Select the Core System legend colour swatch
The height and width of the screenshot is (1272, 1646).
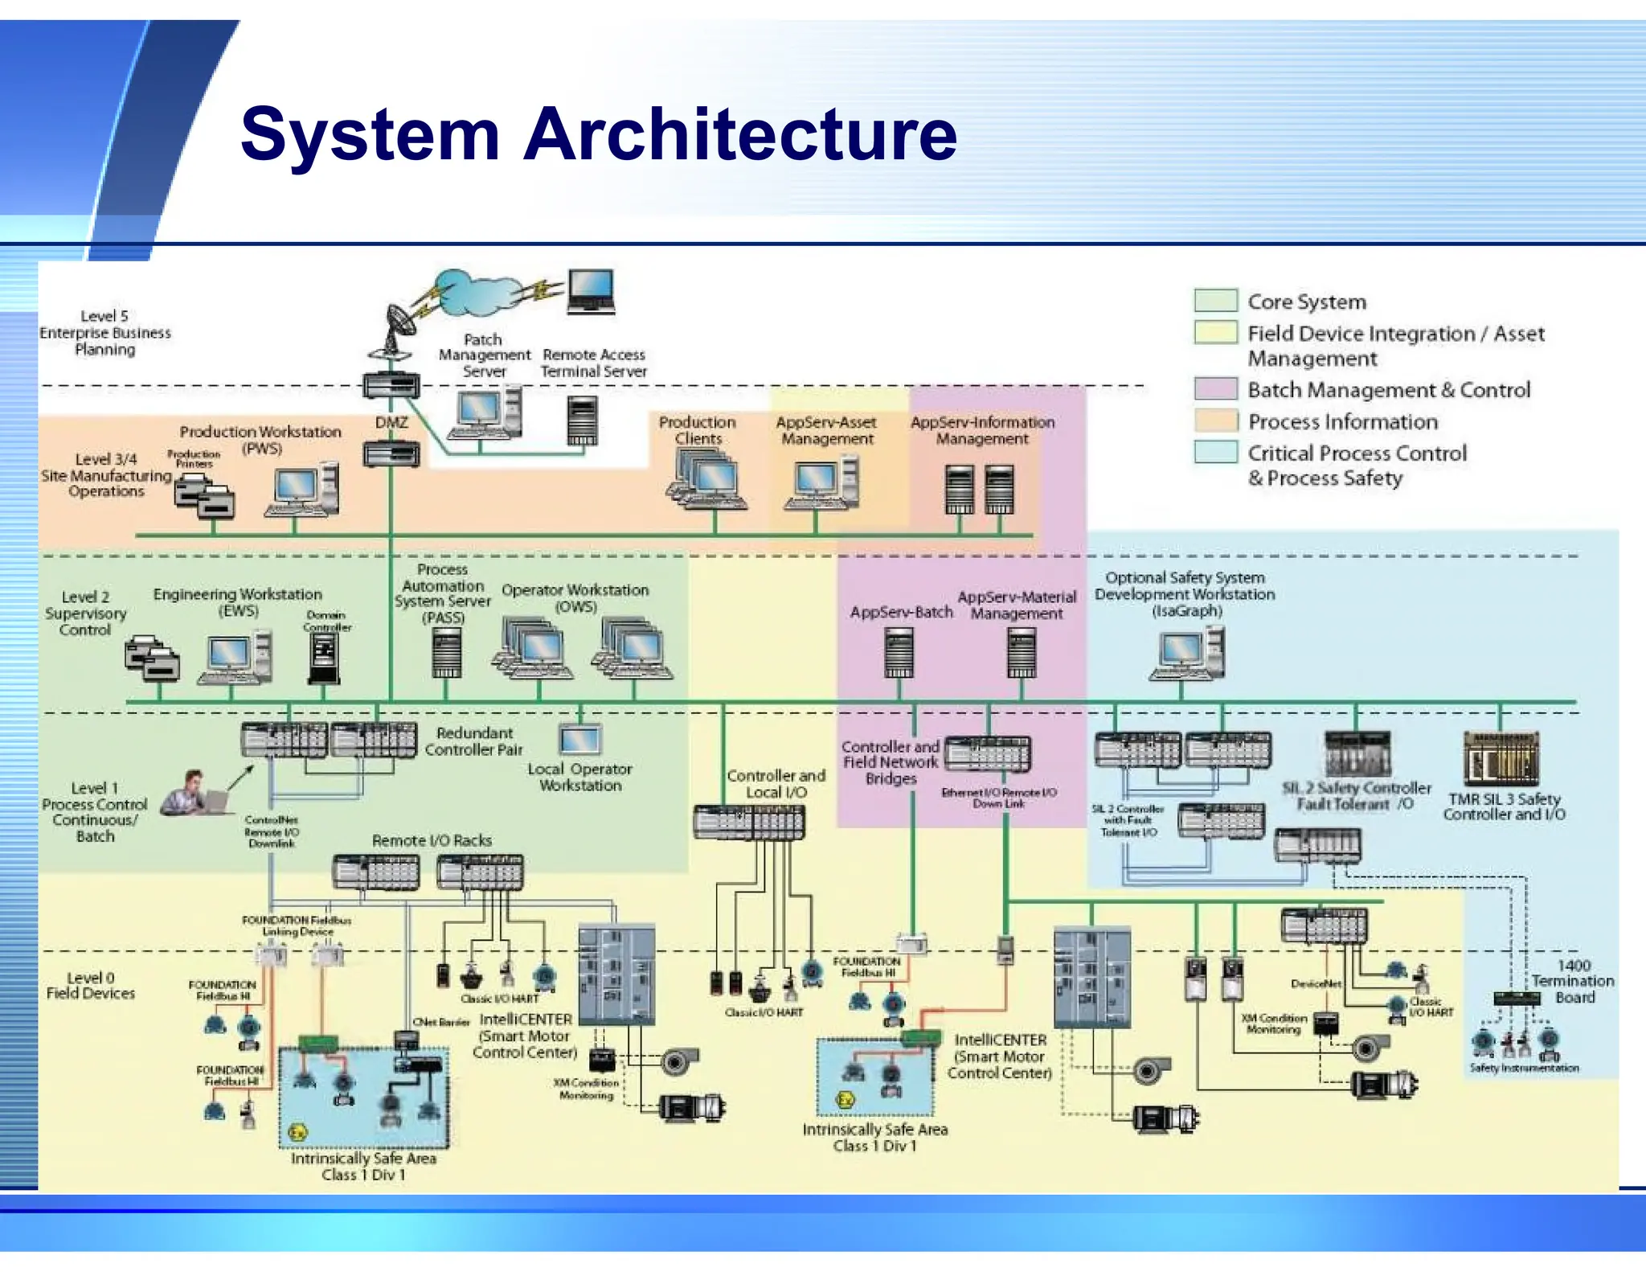coord(1214,301)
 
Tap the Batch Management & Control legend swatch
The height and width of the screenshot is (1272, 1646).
coord(1214,389)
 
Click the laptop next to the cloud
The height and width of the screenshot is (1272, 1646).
coord(591,291)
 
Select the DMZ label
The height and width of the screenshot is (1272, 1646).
coord(391,422)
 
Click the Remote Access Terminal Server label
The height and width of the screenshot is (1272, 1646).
coord(593,363)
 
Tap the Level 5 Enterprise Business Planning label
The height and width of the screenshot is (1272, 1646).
coord(105,332)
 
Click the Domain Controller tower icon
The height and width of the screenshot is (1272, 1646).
coord(324,659)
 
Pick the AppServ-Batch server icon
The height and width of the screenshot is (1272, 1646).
coord(899,654)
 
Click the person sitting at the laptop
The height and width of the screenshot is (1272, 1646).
coord(193,794)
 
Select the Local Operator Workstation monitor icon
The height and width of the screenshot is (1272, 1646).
coord(579,739)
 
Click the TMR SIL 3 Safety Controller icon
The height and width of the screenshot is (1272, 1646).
coord(1501,758)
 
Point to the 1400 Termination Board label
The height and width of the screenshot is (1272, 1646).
coord(1572,981)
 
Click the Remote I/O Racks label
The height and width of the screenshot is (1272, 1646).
coord(432,840)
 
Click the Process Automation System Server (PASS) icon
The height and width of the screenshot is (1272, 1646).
coord(446,653)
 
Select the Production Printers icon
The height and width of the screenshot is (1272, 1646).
coord(204,495)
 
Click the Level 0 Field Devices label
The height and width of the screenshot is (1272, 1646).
coord(90,985)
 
